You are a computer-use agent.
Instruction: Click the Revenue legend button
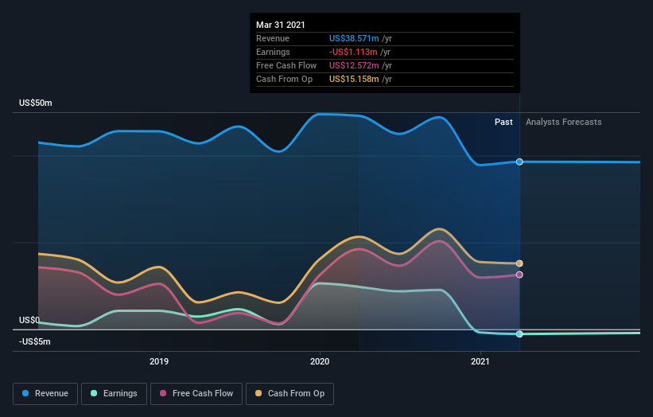pos(46,393)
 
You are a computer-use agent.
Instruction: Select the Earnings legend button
pos(114,393)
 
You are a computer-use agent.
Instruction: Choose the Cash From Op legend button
pos(290,393)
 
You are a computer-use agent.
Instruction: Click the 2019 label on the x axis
pos(159,361)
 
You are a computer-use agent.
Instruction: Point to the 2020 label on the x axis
pos(320,361)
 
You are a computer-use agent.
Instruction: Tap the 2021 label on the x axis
pos(480,361)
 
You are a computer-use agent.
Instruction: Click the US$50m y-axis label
pos(36,103)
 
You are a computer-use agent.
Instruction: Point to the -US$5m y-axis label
pos(35,341)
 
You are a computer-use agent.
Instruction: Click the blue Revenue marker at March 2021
pos(519,162)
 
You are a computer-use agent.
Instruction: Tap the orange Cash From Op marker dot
pos(519,263)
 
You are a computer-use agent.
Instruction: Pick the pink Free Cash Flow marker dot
pos(519,275)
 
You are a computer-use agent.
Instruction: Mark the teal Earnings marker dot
pos(519,334)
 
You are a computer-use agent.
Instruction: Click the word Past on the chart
pos(503,122)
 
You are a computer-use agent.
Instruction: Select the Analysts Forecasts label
pos(563,122)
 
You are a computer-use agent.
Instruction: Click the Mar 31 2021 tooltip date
pos(281,25)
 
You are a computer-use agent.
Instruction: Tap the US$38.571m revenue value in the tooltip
pos(354,38)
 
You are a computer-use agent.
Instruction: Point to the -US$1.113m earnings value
pos(354,52)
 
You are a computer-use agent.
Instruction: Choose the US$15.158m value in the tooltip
pos(354,79)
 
